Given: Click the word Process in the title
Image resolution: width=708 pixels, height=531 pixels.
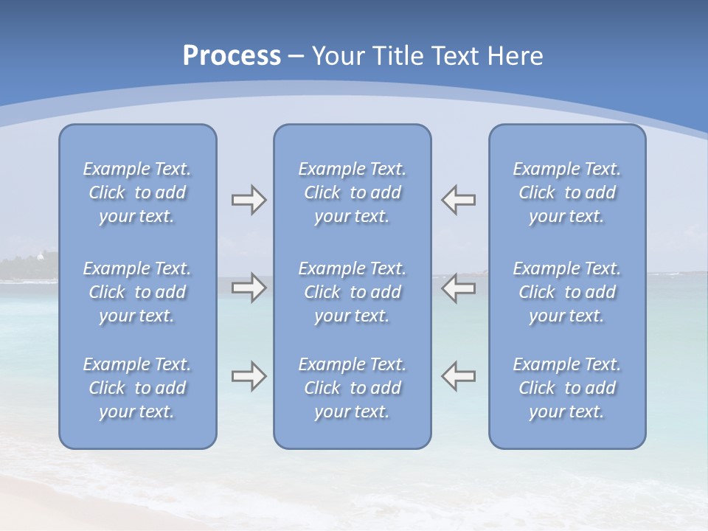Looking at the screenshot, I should click(x=232, y=56).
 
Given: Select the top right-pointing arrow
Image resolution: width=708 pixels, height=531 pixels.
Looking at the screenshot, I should click(x=249, y=200).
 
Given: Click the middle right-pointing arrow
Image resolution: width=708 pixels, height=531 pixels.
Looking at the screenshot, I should click(x=249, y=288).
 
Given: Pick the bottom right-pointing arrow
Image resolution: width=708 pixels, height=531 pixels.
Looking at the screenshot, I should click(x=249, y=376).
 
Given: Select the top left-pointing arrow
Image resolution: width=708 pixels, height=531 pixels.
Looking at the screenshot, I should click(x=459, y=200).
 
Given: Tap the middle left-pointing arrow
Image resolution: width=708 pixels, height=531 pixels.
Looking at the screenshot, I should click(x=459, y=288).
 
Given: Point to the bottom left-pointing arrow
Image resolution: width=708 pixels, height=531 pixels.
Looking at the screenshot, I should click(x=459, y=376).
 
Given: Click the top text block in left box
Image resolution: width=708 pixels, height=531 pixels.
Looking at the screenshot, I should click(x=137, y=192).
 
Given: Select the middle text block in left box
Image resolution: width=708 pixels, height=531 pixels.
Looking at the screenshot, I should click(x=137, y=292).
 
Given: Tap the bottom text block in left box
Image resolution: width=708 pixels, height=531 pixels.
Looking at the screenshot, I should click(x=137, y=388).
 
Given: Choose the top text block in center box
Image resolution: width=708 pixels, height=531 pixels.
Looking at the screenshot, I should click(x=352, y=192).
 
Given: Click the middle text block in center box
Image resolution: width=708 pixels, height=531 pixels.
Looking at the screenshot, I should click(x=352, y=292).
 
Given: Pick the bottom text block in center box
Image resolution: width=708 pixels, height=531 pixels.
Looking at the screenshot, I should click(x=352, y=388).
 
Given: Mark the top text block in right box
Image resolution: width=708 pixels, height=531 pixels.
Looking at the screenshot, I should click(x=566, y=192).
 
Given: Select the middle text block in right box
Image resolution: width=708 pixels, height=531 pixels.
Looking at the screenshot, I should click(x=566, y=292).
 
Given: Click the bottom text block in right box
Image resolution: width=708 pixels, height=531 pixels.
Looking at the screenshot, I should click(x=566, y=388).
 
